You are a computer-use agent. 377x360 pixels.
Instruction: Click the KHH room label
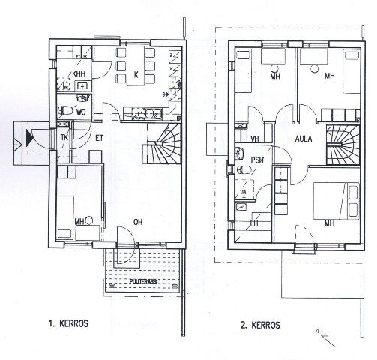pyautogui.click(x=79, y=74)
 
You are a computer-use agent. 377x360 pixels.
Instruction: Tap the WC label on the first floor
pyautogui.click(x=81, y=112)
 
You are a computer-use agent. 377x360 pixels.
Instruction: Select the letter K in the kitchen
pyautogui.click(x=136, y=75)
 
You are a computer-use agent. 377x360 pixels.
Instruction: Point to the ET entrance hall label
pyautogui.click(x=99, y=138)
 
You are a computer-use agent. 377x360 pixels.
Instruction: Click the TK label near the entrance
pyautogui.click(x=64, y=137)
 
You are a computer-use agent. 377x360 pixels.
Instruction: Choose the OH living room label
pyautogui.click(x=138, y=222)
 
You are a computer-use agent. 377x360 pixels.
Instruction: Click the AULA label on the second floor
pyautogui.click(x=304, y=139)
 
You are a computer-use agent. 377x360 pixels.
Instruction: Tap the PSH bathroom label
pyautogui.click(x=257, y=160)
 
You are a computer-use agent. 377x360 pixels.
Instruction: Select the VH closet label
pyautogui.click(x=255, y=139)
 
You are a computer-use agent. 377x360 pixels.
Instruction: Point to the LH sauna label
pyautogui.click(x=254, y=223)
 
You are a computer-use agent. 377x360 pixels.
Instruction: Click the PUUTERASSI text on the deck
pyautogui.click(x=143, y=281)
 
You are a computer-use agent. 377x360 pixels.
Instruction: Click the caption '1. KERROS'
pyautogui.click(x=68, y=323)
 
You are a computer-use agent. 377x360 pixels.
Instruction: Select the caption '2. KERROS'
pyautogui.click(x=260, y=325)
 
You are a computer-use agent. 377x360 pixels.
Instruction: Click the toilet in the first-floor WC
pyautogui.click(x=64, y=110)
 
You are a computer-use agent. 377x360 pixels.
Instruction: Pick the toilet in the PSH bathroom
pyautogui.click(x=244, y=170)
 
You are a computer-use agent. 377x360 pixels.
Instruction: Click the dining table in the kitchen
pyautogui.click(x=136, y=66)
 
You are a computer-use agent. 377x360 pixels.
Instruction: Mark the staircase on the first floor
pyautogui.click(x=162, y=144)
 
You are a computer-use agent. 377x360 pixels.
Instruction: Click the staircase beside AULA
pyautogui.click(x=343, y=145)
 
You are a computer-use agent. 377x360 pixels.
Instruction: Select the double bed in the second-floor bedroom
pyautogui.click(x=336, y=201)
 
